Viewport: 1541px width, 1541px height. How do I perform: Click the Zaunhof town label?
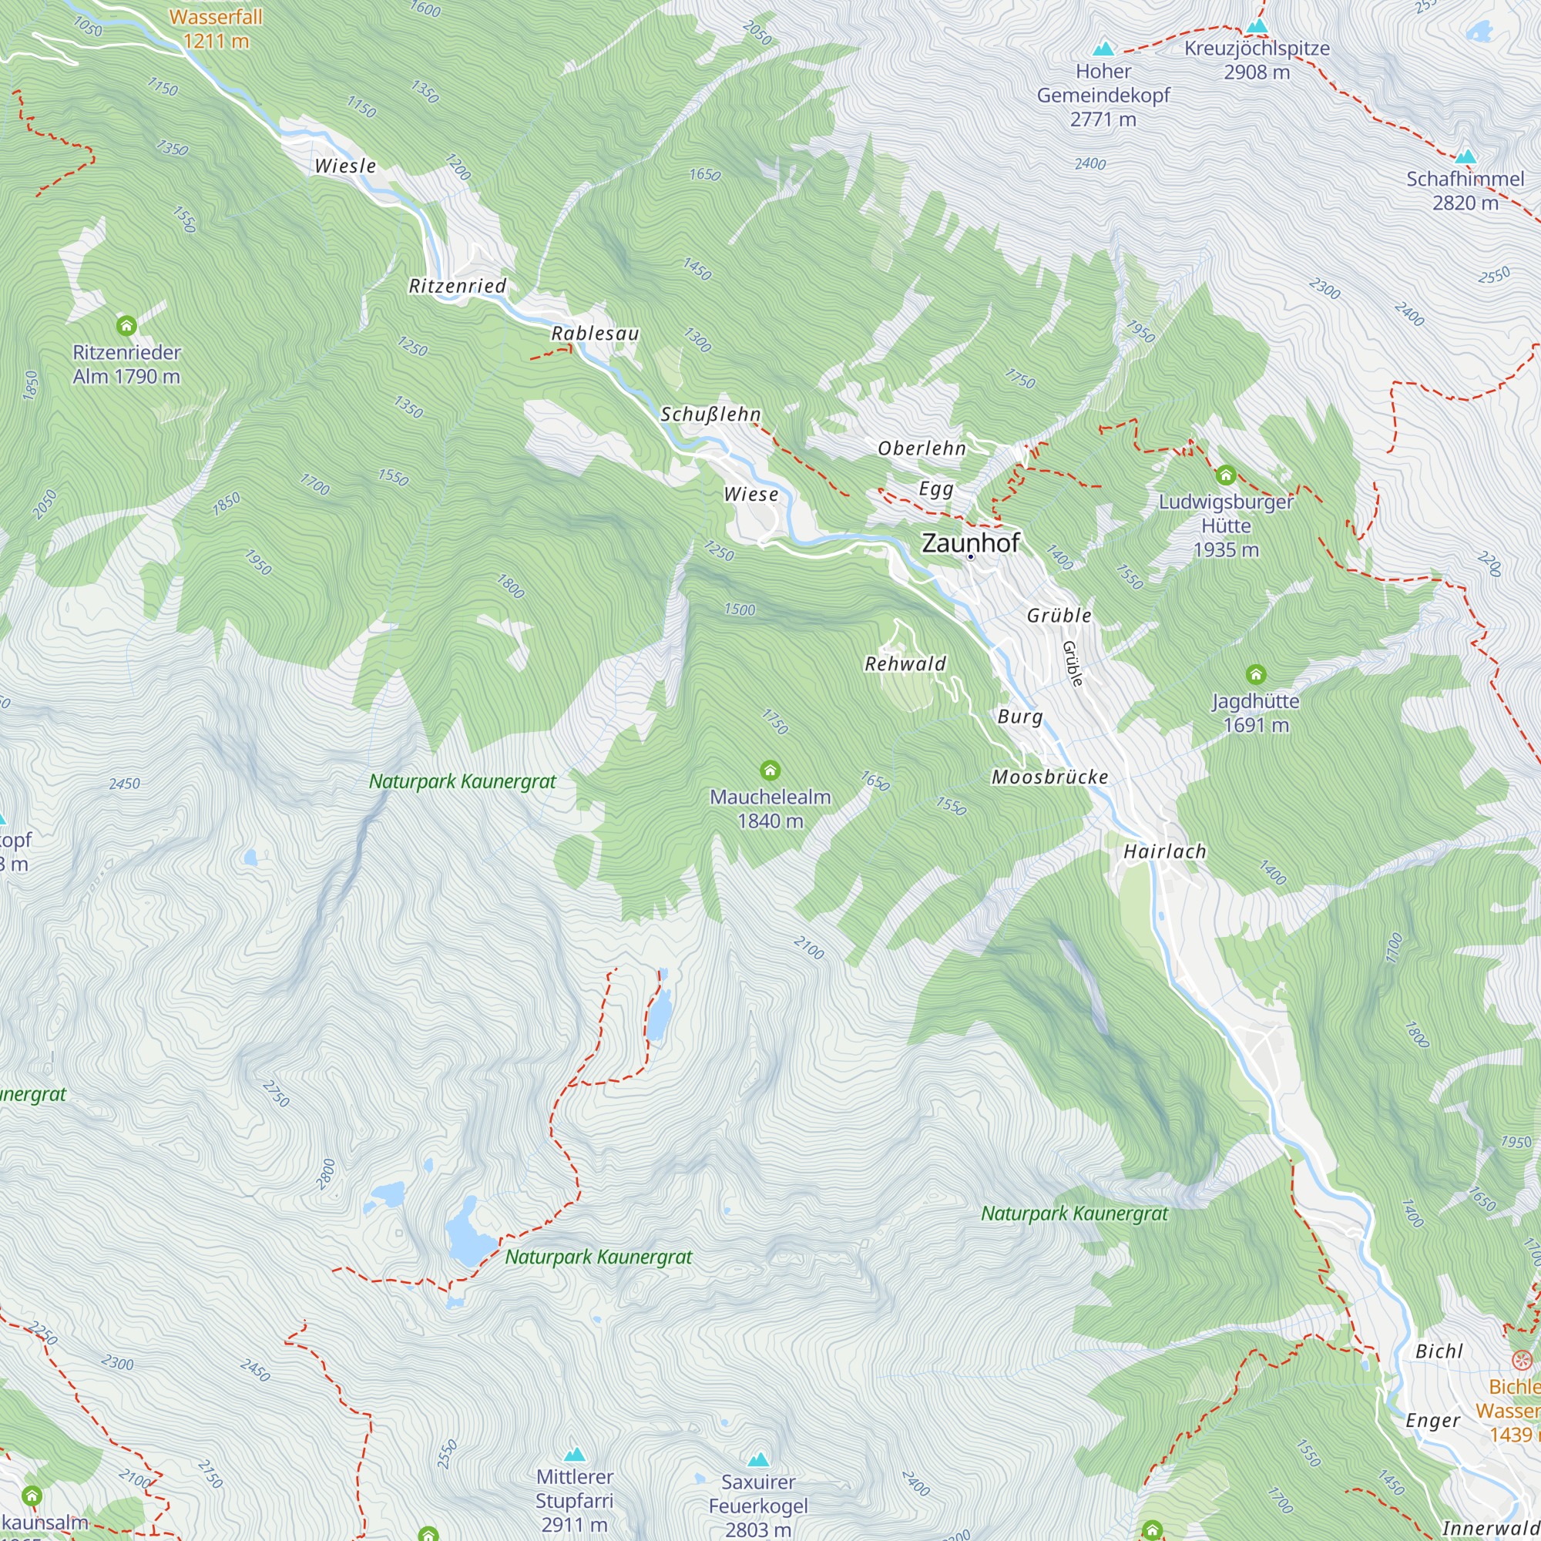[970, 543]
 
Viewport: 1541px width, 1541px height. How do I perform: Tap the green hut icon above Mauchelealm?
[770, 770]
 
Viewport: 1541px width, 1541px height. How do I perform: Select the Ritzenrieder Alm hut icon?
[126, 325]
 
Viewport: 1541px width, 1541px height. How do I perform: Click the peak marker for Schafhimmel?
[1465, 156]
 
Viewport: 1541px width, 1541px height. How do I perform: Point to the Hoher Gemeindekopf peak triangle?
[1104, 49]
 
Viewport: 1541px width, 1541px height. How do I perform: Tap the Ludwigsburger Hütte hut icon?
[1226, 475]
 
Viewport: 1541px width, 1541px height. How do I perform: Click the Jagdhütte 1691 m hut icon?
[1255, 675]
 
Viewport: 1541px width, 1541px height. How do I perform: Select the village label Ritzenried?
[457, 286]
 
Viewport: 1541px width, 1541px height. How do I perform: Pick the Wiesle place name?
[344, 166]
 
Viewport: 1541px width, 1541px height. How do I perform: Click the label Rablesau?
[595, 334]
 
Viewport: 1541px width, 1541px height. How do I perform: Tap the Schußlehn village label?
[710, 414]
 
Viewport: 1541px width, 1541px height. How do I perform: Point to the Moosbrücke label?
[1049, 777]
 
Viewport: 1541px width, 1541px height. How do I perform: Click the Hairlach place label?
[1164, 851]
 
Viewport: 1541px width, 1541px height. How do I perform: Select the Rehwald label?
[905, 663]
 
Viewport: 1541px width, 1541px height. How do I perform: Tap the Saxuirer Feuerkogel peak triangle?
[757, 1459]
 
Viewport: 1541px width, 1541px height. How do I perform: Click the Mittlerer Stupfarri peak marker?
[574, 1454]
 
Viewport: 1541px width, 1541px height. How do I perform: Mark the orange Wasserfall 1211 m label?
[216, 29]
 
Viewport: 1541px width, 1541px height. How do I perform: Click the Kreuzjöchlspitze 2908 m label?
[1257, 60]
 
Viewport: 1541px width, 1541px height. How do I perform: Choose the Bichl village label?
[1439, 1351]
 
